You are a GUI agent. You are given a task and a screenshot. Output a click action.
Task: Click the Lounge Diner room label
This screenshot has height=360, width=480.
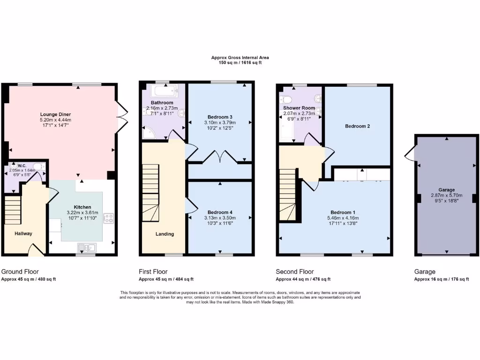59,113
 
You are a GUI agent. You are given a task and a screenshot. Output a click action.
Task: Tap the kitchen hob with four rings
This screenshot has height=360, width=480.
109,217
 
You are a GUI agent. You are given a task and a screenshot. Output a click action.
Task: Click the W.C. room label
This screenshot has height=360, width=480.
22,165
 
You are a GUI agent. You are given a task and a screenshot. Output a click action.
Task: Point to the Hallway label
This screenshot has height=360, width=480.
23,233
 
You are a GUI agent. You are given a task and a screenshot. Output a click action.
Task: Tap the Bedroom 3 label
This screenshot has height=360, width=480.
220,117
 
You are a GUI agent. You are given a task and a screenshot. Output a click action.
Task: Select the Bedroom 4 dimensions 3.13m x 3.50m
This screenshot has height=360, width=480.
220,218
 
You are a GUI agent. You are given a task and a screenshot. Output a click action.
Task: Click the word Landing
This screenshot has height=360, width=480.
165,234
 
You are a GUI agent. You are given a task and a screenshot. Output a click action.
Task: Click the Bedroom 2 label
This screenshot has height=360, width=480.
358,126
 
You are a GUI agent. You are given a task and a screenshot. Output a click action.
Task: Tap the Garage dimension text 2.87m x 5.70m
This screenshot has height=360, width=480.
446,195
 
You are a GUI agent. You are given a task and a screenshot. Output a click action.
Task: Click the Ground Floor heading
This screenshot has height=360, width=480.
20,271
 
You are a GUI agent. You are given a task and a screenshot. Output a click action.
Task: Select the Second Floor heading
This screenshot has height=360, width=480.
295,271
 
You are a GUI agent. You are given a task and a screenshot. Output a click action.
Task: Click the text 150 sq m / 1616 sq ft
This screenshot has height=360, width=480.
240,62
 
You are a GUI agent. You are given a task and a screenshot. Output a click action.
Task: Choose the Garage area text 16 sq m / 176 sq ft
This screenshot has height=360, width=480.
442,279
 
